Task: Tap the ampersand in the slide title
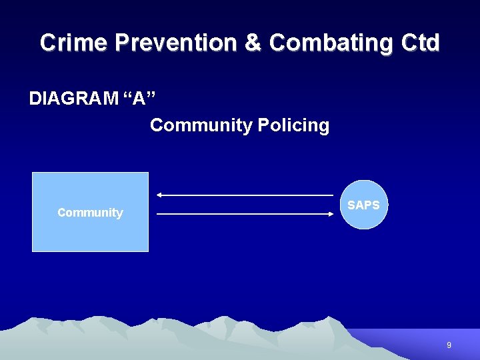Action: click(253, 43)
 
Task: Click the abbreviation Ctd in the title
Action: click(421, 43)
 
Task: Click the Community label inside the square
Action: click(90, 213)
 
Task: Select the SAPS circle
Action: click(363, 220)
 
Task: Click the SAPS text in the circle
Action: click(363, 205)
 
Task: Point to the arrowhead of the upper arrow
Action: click(159, 195)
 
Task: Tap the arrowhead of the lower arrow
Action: click(330, 214)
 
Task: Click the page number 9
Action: click(449, 345)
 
